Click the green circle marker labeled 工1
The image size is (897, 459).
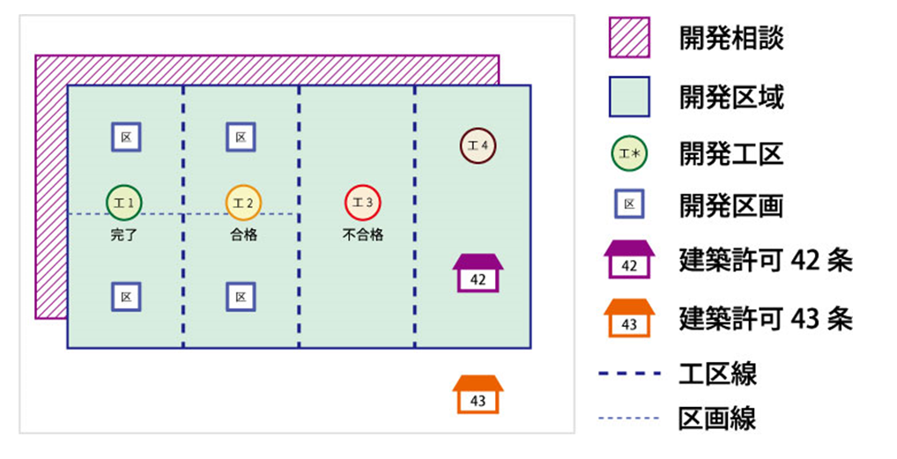tap(125, 203)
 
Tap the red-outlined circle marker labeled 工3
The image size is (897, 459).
tap(362, 203)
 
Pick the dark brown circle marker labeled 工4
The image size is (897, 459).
tap(478, 145)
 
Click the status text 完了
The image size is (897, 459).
tap(125, 235)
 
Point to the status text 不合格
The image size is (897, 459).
tap(362, 235)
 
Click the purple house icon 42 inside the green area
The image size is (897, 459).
tap(478, 272)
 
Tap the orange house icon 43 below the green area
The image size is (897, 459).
tap(478, 394)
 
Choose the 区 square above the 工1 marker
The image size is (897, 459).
tap(126, 137)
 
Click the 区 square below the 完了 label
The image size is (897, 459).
tap(126, 297)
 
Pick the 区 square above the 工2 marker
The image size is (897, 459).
tap(241, 137)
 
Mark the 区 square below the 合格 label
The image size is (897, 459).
tap(241, 297)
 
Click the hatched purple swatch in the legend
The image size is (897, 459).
tap(629, 38)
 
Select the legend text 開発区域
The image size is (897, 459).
tap(730, 96)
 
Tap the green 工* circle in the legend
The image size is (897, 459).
tap(629, 154)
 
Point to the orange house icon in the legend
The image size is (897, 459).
tap(629, 317)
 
